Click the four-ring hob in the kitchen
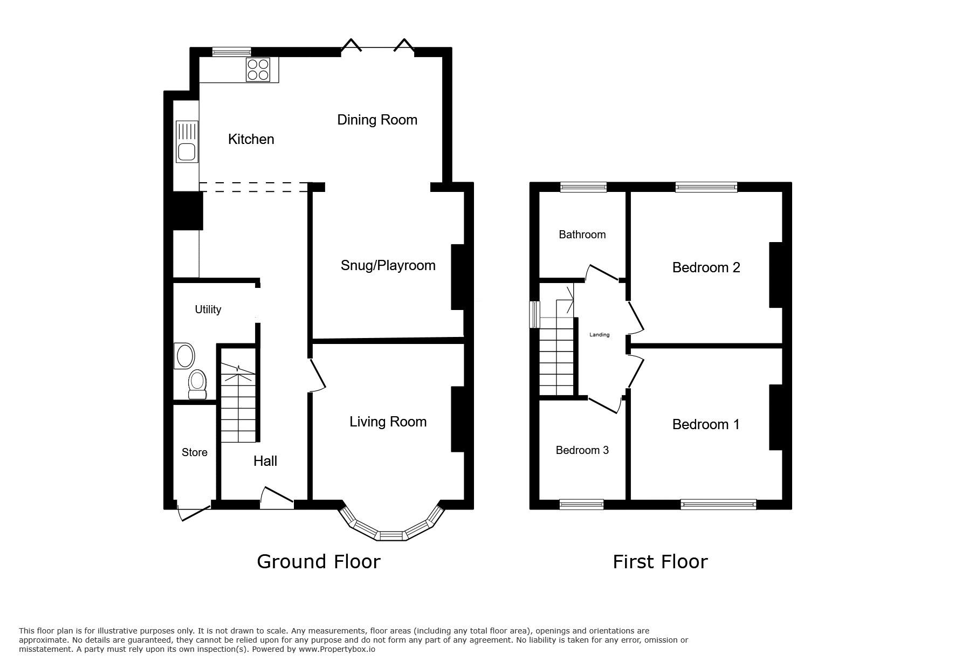pyautogui.click(x=258, y=70)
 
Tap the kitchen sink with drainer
pyautogui.click(x=187, y=142)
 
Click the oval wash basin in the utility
pyautogui.click(x=185, y=356)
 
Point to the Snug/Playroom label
pyautogui.click(x=388, y=265)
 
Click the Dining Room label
pyautogui.click(x=377, y=120)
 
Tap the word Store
pyautogui.click(x=195, y=452)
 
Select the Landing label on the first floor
pyautogui.click(x=599, y=335)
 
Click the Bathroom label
pyautogui.click(x=582, y=235)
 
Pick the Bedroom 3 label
pyautogui.click(x=582, y=450)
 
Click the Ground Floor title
pyautogui.click(x=318, y=562)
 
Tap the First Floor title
pyautogui.click(x=660, y=562)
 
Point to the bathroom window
pyautogui.click(x=583, y=187)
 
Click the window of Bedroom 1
pyautogui.click(x=718, y=505)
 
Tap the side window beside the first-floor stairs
pyautogui.click(x=534, y=314)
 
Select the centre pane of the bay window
pyautogui.click(x=392, y=535)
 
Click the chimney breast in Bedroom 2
pyautogui.click(x=775, y=275)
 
